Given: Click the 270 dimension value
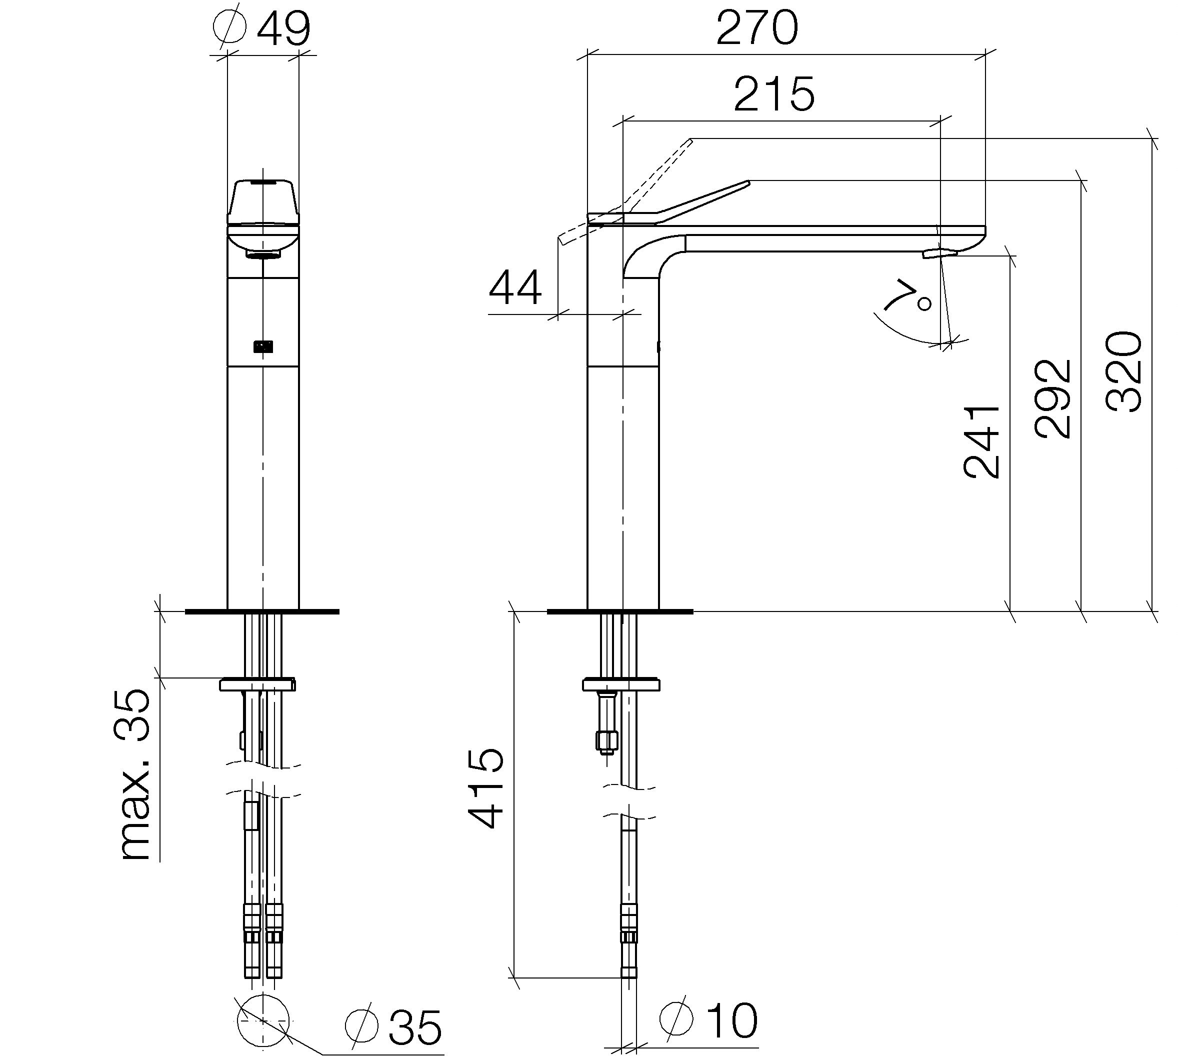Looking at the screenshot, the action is click(x=756, y=27).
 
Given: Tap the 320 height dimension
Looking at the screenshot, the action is click(x=1124, y=372).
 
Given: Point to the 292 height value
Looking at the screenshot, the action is click(x=1053, y=398).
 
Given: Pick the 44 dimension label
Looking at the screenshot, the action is click(x=515, y=288).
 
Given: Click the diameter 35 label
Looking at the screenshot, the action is click(x=393, y=1028).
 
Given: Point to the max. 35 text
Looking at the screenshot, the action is click(x=134, y=774).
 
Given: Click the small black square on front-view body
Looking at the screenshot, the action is click(x=263, y=347).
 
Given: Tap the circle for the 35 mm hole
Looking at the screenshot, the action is click(x=263, y=1021).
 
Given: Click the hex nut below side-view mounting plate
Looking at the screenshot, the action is click(x=606, y=741).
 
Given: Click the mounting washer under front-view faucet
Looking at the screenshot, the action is click(x=257, y=684).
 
